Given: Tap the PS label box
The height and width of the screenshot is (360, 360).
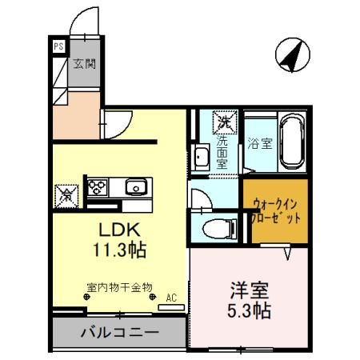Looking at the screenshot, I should pos(58,46).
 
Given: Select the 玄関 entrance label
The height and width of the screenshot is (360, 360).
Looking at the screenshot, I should pos(84,64).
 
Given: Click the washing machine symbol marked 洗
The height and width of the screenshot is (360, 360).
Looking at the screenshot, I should pos(223,122).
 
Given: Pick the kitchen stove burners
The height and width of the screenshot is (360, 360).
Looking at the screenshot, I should pos(97,186).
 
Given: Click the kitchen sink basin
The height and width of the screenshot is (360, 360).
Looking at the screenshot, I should pos(134,188).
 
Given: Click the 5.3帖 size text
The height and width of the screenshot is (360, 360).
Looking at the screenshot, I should pos(248,310).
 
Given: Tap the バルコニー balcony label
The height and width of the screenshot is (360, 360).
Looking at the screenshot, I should pos(120,331).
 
